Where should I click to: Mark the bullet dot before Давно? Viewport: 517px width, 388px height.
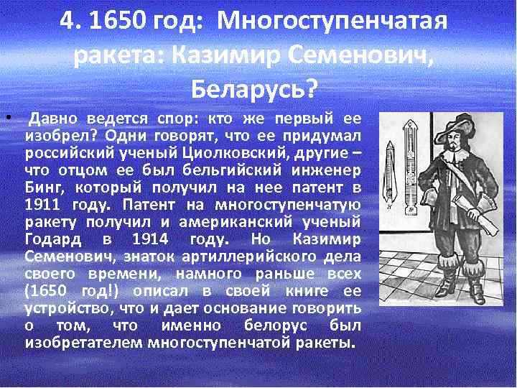6,116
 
